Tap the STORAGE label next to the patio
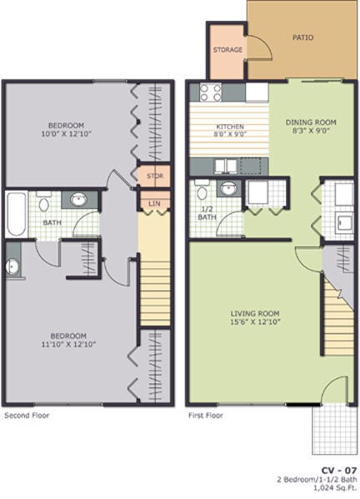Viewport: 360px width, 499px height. pos(227,50)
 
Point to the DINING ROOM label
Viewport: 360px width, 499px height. pos(311,122)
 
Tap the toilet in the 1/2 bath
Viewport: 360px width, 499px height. pos(202,192)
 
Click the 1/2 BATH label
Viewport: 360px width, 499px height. pos(206,212)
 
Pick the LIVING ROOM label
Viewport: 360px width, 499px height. pos(256,314)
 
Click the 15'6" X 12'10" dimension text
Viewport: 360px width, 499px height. pos(256,323)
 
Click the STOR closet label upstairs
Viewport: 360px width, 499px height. pos(154,177)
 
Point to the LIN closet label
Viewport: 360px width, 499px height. pos(154,202)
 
